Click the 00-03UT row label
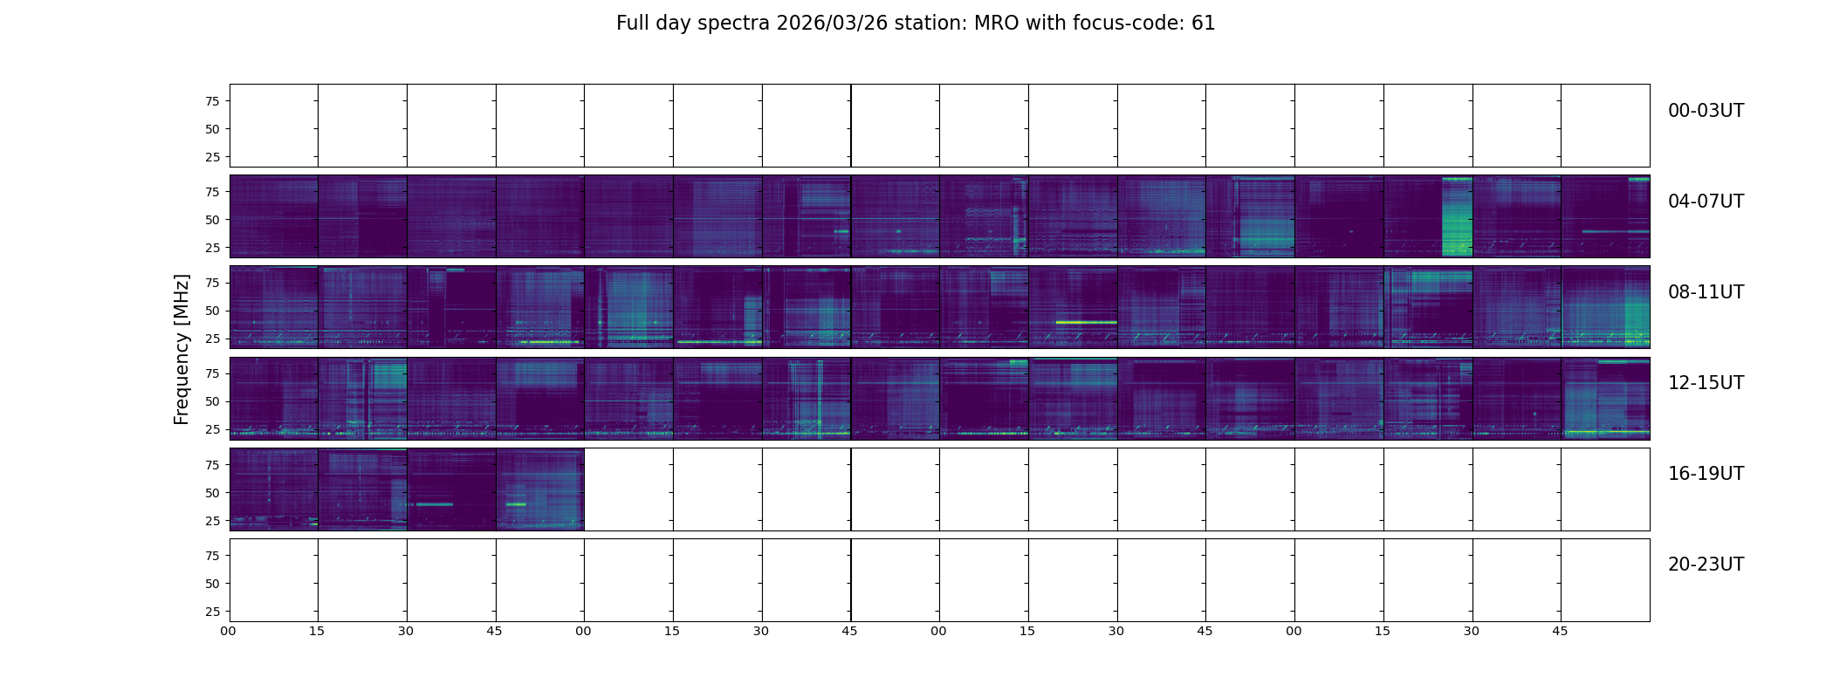1706,111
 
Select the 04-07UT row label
1706,202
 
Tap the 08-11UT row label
1706,292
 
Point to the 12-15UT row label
1706,383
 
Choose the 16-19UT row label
1706,474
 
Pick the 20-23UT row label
1706,565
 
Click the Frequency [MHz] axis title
182,349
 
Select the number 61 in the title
1204,24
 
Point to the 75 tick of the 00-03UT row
212,101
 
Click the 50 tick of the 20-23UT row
212,584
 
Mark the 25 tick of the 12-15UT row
212,429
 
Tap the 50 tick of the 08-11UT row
212,311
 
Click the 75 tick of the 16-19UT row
212,465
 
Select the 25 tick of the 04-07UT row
212,248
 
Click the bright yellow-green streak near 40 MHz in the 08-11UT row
1086,322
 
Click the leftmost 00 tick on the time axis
228,631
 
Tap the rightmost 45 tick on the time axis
1560,631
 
